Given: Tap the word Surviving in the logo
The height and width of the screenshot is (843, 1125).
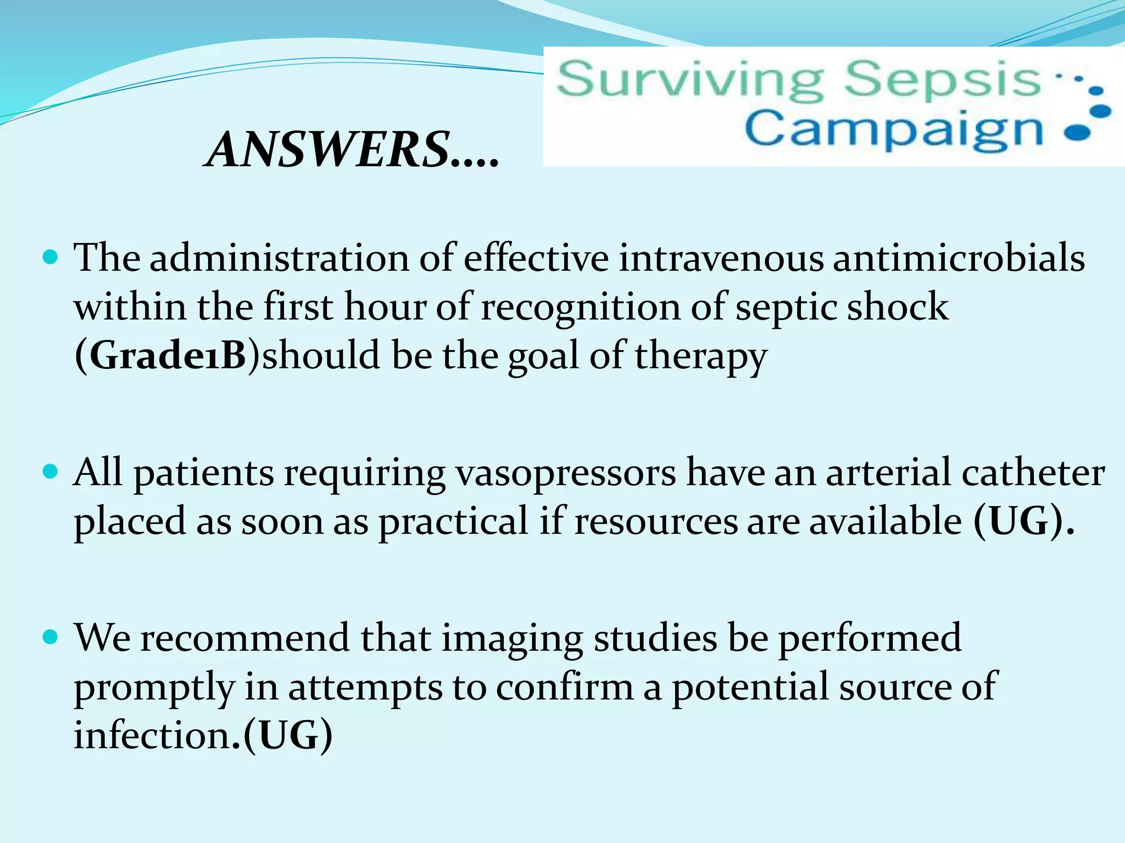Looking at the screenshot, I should [x=689, y=81].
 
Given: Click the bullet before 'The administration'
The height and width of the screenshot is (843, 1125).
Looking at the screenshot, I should [x=50, y=257].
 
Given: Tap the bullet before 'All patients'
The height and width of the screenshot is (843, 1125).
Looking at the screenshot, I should [x=50, y=472].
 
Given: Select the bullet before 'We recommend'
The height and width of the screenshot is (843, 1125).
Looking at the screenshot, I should [x=50, y=637].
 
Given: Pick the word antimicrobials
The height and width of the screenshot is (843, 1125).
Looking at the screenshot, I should [x=959, y=257].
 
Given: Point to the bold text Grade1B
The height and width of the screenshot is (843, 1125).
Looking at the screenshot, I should [x=168, y=355].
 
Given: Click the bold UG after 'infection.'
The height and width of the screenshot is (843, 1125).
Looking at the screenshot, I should [x=288, y=735].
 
